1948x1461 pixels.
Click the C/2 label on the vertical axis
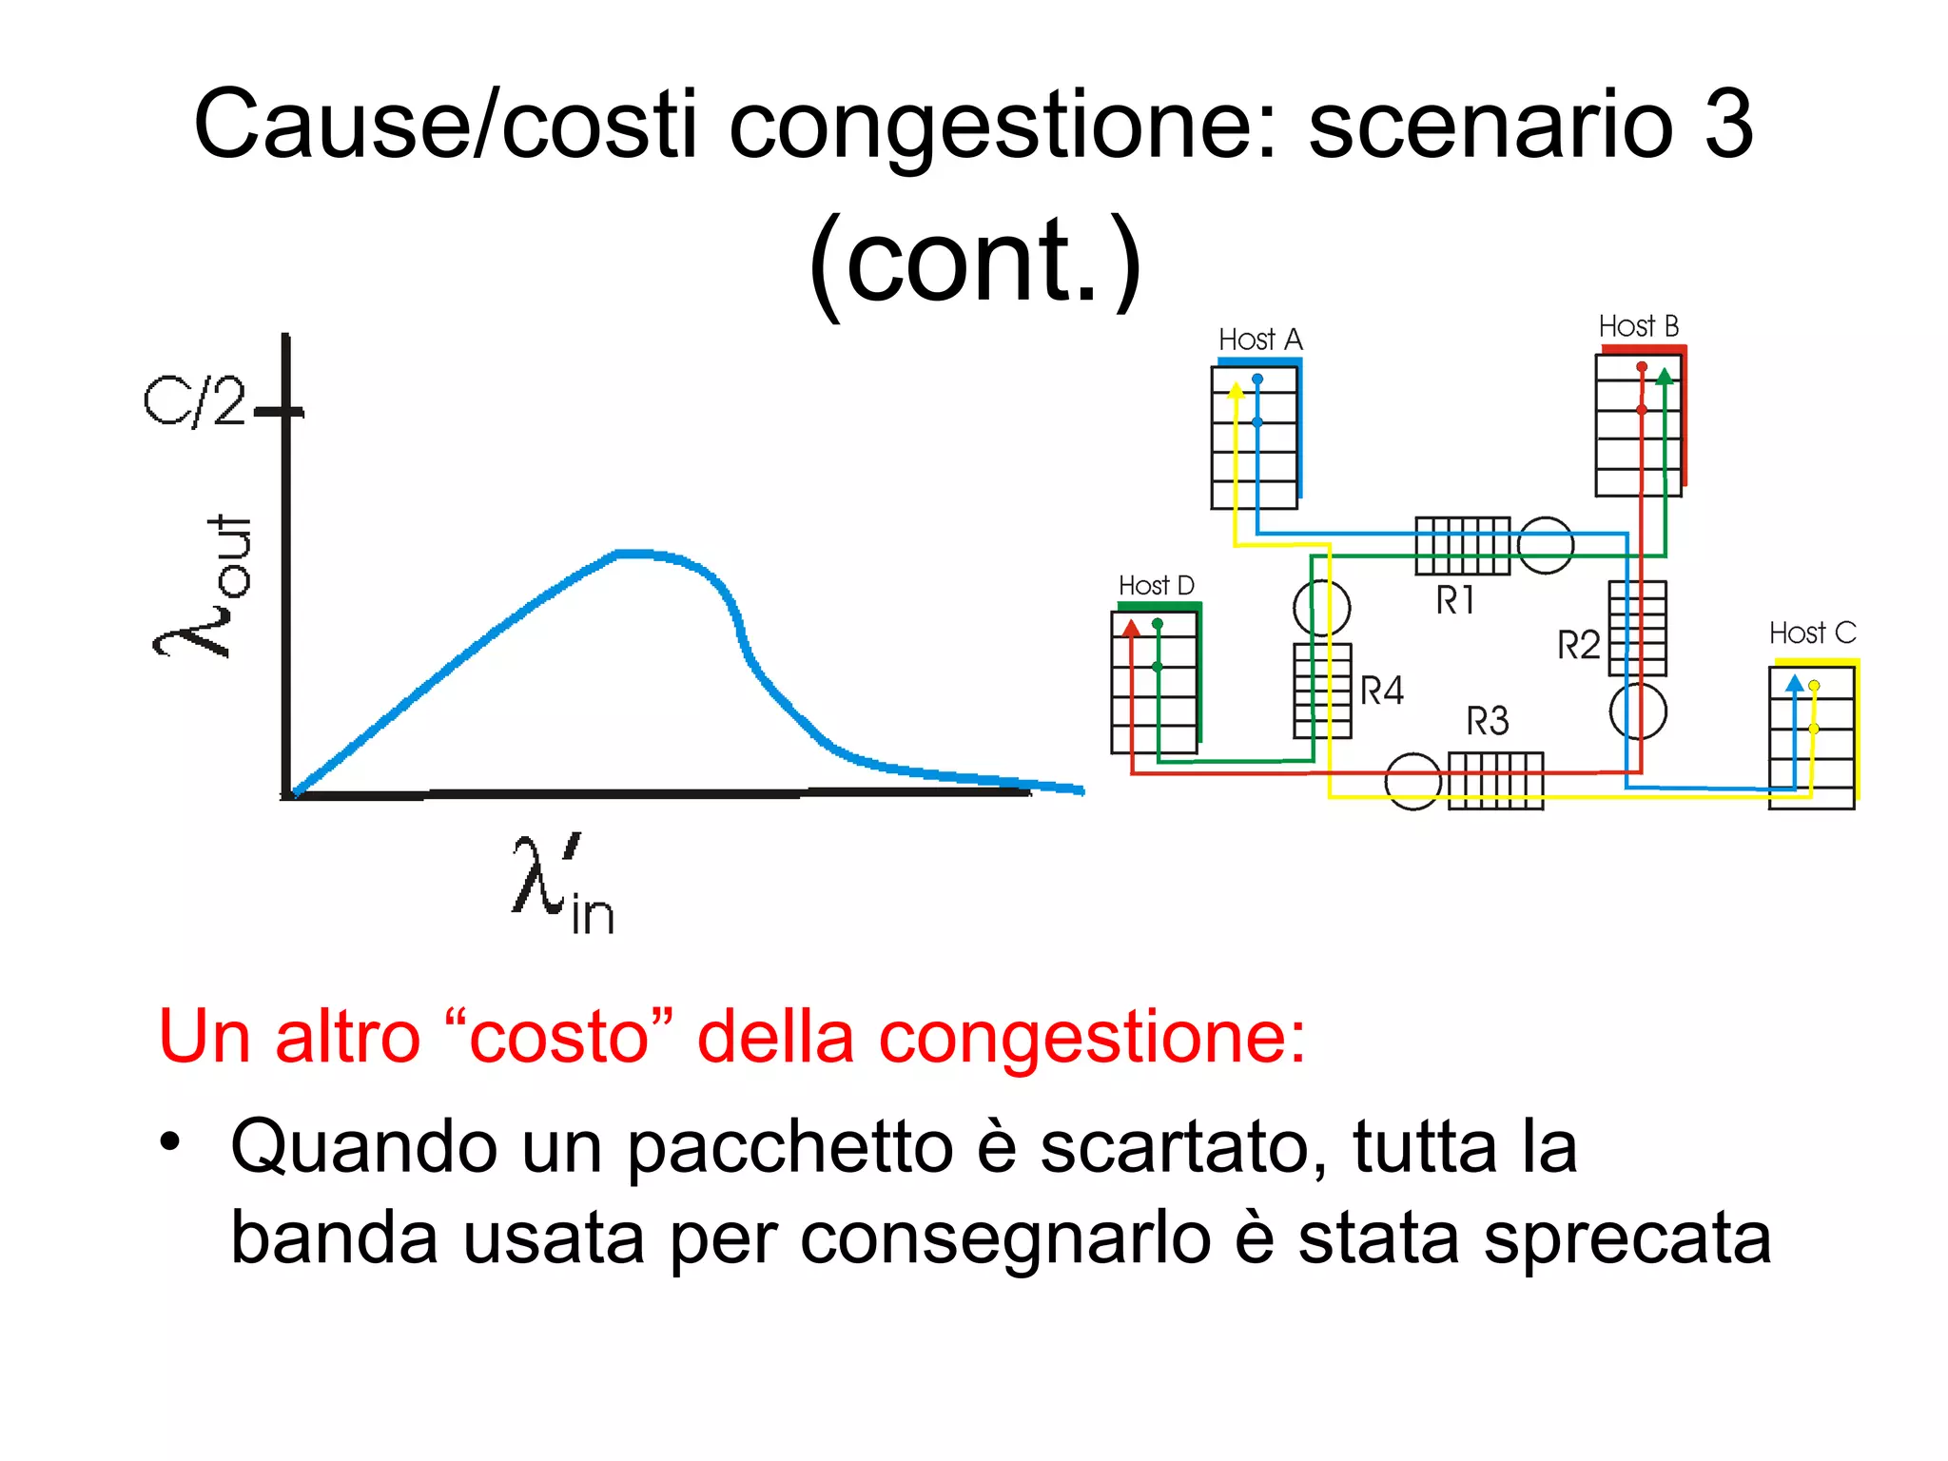tap(194, 400)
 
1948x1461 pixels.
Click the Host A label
tap(1260, 340)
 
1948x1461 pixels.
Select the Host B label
tap(1638, 326)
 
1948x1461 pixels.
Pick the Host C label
tap(1812, 633)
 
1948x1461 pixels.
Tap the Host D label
tap(1156, 585)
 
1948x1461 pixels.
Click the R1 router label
tap(1454, 600)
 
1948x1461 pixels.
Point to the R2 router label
tap(1578, 645)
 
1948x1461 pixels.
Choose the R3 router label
tap(1487, 721)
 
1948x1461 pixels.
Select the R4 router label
tap(1381, 690)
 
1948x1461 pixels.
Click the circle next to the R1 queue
tap(1545, 545)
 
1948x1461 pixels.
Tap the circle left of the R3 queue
tap(1412, 781)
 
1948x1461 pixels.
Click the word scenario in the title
tap(1490, 125)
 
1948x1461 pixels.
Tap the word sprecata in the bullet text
tap(1627, 1238)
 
